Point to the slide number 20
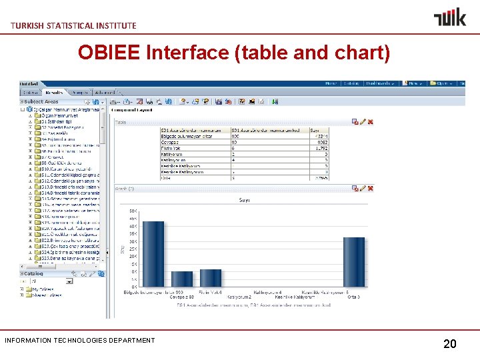pos(450,344)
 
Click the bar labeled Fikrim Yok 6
pos(210,278)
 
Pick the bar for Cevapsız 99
pos(181,279)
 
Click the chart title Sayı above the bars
pos(244,199)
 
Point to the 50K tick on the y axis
pos(133,211)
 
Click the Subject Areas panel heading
pos(41,101)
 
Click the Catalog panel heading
pos(33,273)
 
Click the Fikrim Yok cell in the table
pos(170,148)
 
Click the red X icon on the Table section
pos(370,122)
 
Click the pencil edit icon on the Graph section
pos(363,189)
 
